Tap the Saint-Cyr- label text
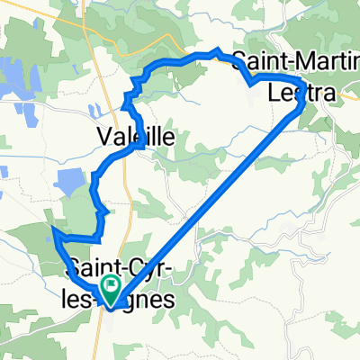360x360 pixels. pyautogui.click(x=108, y=266)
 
